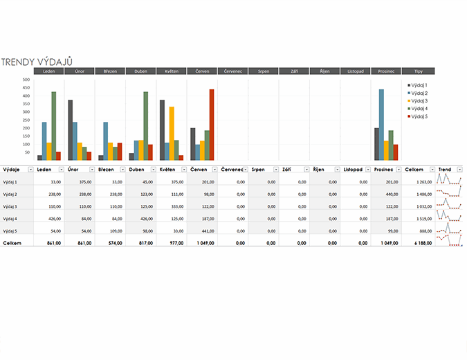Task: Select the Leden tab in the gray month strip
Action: pyautogui.click(x=49, y=71)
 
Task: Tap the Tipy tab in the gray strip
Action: pyautogui.click(x=419, y=71)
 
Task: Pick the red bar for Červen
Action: pyautogui.click(x=212, y=125)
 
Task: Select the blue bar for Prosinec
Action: pyautogui.click(x=381, y=125)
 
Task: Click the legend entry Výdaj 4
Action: pyautogui.click(x=418, y=109)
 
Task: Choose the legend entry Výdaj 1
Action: pyautogui.click(x=418, y=84)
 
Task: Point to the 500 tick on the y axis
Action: pyautogui.click(x=26, y=80)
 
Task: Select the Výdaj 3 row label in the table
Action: pyautogui.click(x=11, y=206)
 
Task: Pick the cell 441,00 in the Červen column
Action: pyautogui.click(x=208, y=231)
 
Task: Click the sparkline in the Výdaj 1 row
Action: pyautogui.click(x=449, y=181)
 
